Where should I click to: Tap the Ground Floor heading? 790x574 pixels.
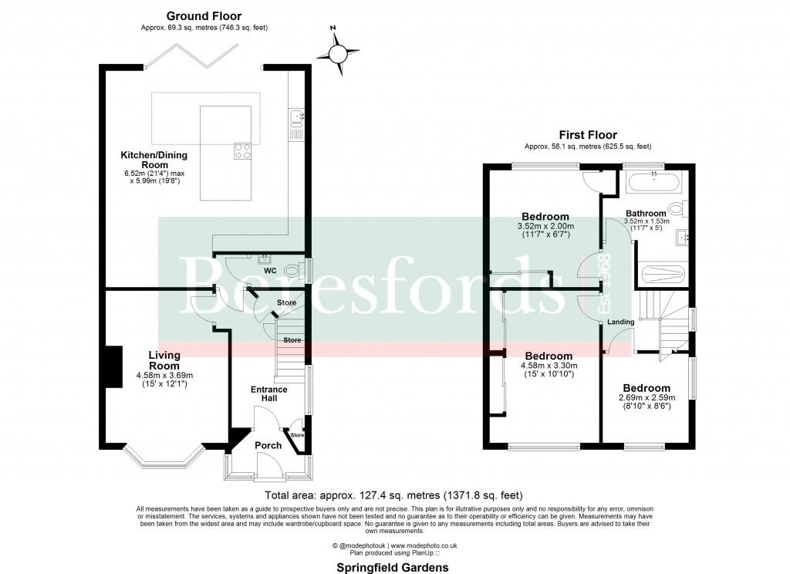coord(204,15)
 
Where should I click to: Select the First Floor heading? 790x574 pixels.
coord(589,135)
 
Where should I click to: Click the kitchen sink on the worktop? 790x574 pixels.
coord(297,116)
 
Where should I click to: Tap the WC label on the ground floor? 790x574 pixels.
coord(270,272)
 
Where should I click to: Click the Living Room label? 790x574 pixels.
coord(164,360)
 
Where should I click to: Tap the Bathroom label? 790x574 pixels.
coord(646,214)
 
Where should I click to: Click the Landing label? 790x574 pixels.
coord(621,322)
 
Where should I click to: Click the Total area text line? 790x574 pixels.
coord(394,495)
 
